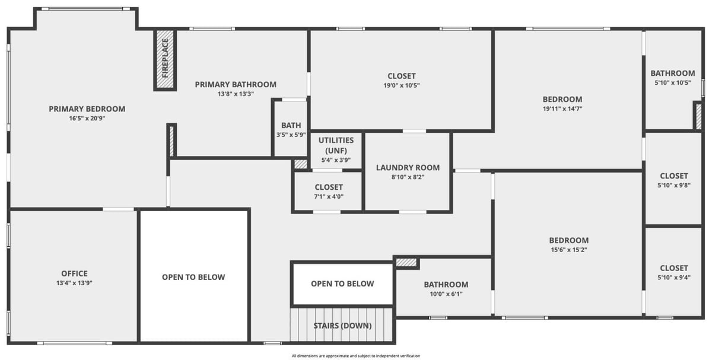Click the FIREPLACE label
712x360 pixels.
click(165, 58)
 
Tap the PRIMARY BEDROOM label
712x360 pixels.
click(87, 109)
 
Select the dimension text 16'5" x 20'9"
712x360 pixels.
click(87, 119)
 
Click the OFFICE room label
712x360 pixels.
click(74, 273)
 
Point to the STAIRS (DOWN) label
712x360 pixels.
click(343, 326)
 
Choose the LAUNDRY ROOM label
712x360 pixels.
click(408, 168)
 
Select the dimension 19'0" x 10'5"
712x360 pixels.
click(402, 85)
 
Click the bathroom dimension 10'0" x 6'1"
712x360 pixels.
click(446, 294)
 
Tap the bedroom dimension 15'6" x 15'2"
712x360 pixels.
click(569, 250)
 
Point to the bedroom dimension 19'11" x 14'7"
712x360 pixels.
click(562, 109)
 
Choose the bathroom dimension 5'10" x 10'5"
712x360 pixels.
click(673, 82)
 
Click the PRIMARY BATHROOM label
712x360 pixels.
click(236, 85)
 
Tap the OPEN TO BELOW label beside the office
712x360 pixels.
click(193, 277)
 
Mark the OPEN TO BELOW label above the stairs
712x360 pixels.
click(343, 283)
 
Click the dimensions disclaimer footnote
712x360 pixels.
click(356, 356)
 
